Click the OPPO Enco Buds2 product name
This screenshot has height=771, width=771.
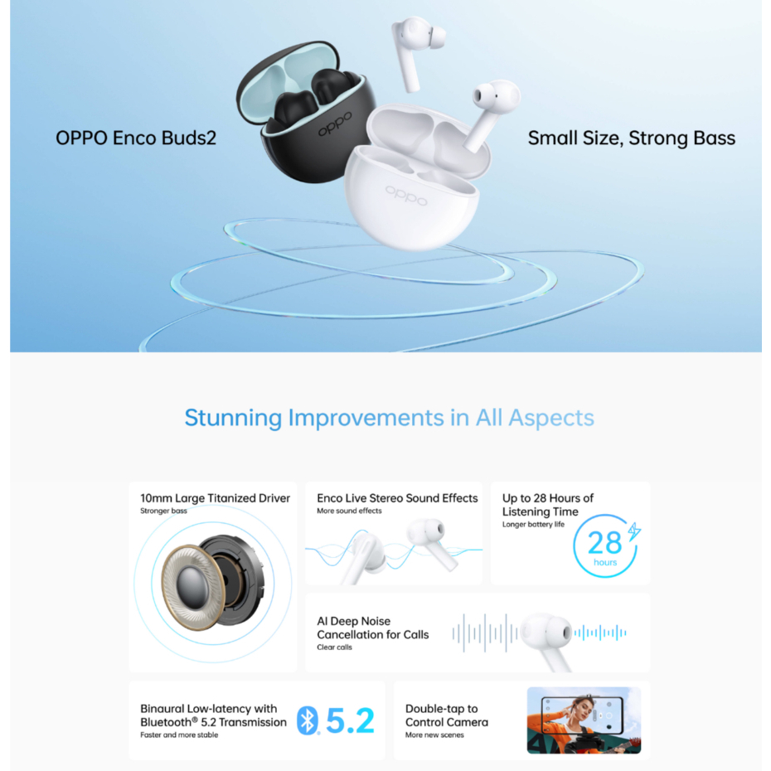tap(136, 138)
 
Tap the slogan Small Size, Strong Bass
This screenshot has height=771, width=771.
tap(632, 138)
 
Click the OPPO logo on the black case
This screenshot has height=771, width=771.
tap(335, 124)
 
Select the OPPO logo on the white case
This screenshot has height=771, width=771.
tap(406, 195)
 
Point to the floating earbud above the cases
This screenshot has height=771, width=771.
tap(416, 51)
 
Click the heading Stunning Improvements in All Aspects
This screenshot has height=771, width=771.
tap(390, 418)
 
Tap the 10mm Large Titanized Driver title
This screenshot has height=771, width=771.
tap(215, 498)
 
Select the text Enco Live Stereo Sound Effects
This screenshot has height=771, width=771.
tap(397, 498)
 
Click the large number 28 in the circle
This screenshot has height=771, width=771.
tap(604, 543)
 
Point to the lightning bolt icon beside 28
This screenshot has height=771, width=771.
tap(634, 532)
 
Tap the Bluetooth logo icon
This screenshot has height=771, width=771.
tap(308, 720)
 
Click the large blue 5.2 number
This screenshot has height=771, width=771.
tap(350, 721)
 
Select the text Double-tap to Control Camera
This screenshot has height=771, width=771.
tap(447, 715)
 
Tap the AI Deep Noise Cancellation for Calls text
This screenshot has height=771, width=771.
tap(373, 628)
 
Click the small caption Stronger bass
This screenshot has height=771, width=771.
tap(163, 511)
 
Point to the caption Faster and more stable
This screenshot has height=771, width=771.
tap(179, 735)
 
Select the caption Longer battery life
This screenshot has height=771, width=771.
tap(533, 524)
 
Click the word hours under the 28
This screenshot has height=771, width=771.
tap(605, 562)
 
